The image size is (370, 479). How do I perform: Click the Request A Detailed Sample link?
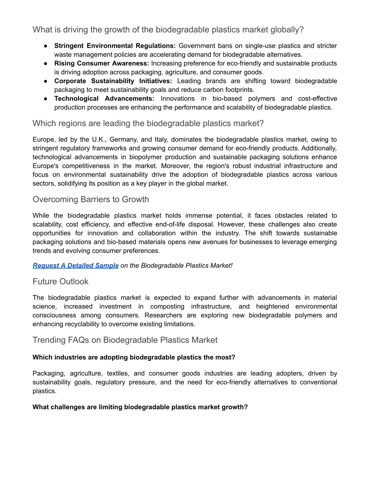[76, 265]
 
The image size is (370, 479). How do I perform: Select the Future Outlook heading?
[60, 282]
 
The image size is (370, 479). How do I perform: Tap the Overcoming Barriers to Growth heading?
[91, 200]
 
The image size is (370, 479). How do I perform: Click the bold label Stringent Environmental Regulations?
[115, 46]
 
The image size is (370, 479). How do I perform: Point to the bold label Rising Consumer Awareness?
[102, 63]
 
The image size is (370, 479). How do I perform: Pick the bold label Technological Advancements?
[104, 99]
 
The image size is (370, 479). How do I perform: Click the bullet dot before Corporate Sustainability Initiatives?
[46, 81]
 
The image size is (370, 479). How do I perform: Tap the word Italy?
[161, 140]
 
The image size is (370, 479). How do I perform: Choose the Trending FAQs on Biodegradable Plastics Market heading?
[125, 340]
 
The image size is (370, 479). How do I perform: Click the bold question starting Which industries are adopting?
[134, 358]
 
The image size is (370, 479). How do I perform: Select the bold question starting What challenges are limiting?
[140, 407]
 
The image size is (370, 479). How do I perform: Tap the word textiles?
[118, 373]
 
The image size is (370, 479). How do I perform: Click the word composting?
[167, 307]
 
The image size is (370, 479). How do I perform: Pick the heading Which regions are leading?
[148, 124]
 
